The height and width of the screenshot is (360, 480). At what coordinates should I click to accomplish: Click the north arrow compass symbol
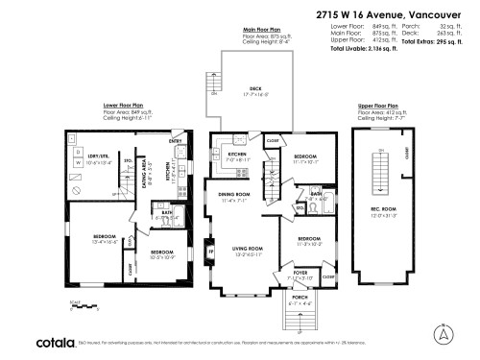[441, 334]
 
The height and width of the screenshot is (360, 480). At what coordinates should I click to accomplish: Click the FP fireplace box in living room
[210, 253]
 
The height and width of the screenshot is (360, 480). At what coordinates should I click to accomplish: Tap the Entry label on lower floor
[176, 142]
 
